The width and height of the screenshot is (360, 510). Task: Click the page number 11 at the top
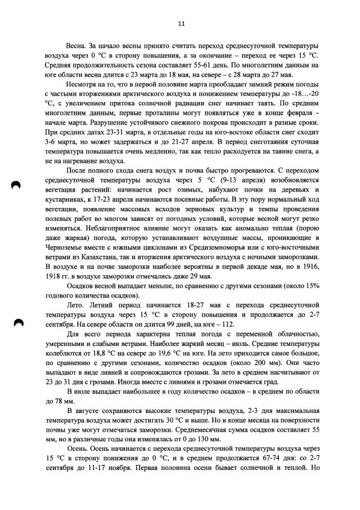(181, 24)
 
